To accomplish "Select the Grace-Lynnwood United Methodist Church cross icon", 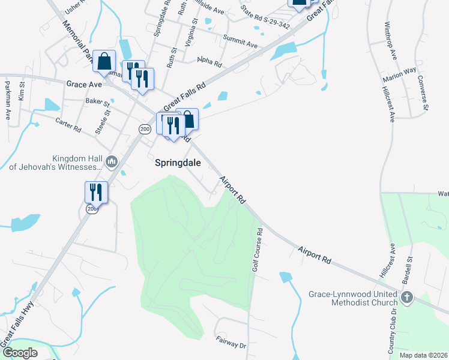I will [x=407, y=298].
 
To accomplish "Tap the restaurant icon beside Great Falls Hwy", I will [x=96, y=192].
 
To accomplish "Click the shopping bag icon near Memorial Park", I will [x=104, y=61].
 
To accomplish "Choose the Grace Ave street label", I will [x=84, y=85].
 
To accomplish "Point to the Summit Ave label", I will [x=240, y=43].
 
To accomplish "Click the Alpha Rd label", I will [x=209, y=62].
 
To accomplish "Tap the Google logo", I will [x=20, y=353].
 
